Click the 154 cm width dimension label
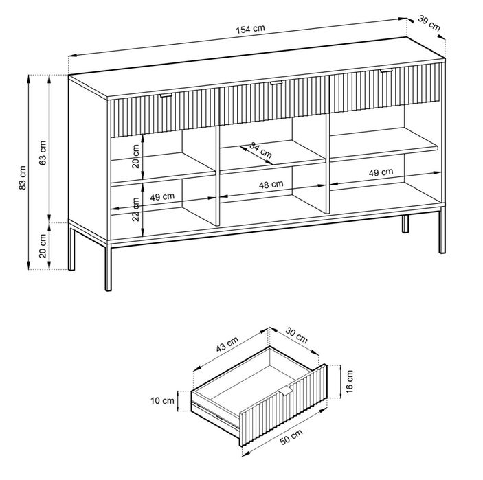click(x=251, y=29)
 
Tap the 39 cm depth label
click(x=429, y=23)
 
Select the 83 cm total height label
click(x=23, y=178)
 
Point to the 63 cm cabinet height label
click(x=43, y=152)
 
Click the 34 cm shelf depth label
click(x=260, y=150)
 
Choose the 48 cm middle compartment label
click(x=271, y=185)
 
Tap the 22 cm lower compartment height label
click(x=135, y=209)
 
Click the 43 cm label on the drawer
click(x=227, y=344)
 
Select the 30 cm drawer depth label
click(x=296, y=335)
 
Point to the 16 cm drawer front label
click(x=349, y=382)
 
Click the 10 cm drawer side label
click(x=162, y=400)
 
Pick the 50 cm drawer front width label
click(x=291, y=437)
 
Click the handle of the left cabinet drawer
click(x=166, y=95)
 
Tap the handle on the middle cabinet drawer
click(x=276, y=83)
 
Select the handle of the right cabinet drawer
click(x=386, y=71)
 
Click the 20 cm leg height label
click(x=43, y=246)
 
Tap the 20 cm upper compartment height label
click(x=135, y=156)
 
